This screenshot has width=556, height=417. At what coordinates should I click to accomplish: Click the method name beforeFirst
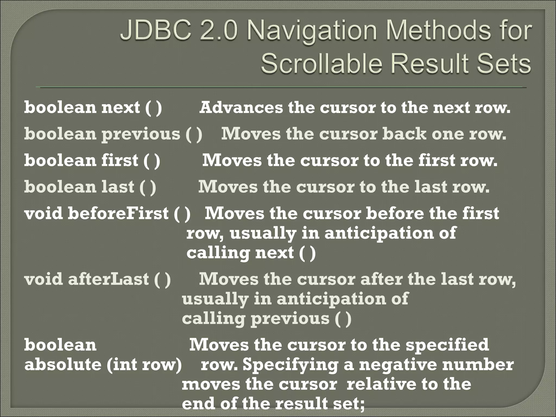pos(118,213)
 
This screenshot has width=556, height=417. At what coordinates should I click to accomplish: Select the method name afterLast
pos(108,279)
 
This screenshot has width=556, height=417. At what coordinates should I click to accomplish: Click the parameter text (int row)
pos(144,365)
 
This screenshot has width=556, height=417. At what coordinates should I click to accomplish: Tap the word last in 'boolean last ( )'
pos(118,187)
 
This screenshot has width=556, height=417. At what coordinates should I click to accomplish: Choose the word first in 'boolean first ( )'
pos(120,160)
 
